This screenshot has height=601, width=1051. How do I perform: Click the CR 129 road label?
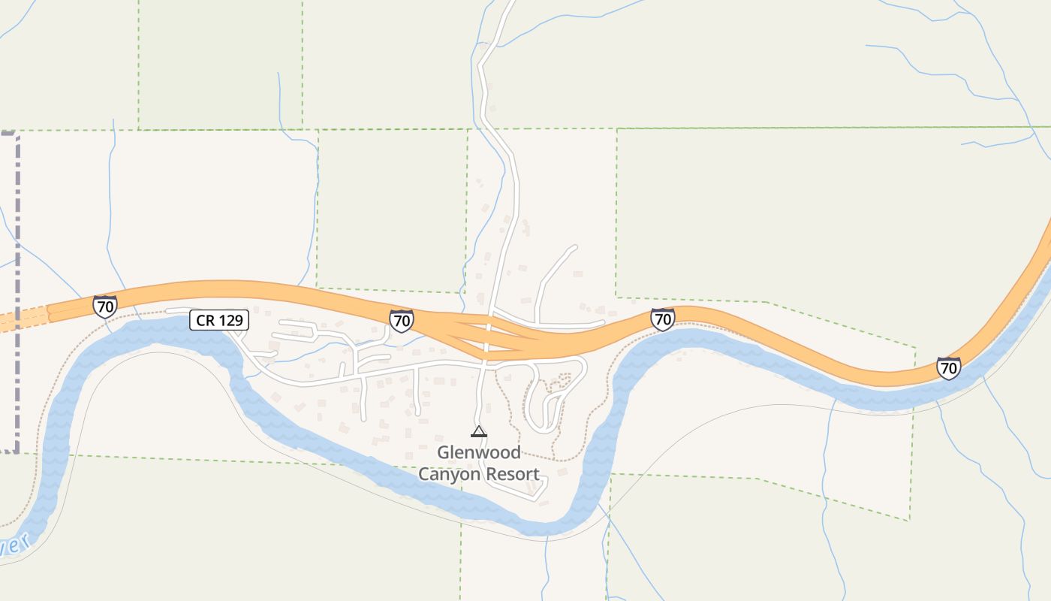(218, 320)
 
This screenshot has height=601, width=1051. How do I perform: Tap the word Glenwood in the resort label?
(479, 453)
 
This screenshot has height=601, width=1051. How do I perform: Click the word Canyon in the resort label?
(449, 474)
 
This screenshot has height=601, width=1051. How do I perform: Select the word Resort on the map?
(512, 474)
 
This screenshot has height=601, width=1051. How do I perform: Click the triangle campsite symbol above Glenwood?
(478, 431)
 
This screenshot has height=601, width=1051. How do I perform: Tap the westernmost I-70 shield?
(105, 306)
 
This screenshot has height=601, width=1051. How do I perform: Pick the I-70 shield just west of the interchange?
(402, 320)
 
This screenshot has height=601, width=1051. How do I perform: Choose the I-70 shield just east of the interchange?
(662, 319)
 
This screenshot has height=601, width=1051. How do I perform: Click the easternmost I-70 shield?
(949, 367)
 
